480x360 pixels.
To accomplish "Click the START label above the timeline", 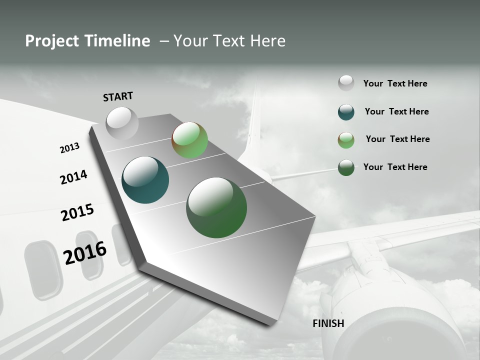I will coord(118,96).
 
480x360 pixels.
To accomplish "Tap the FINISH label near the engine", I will coord(328,323).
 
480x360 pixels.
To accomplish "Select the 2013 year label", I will coord(69,148).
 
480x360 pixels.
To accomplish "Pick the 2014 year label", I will coord(74,177).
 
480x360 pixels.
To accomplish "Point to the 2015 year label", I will coord(77,212).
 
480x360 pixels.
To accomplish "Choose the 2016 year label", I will coord(85,253).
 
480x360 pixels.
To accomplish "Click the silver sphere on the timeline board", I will coord(122,123).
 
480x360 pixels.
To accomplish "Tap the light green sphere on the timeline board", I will coord(189,140).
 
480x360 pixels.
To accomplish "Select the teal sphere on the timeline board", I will coord(145,180).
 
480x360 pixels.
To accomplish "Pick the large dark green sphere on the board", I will coord(216,207).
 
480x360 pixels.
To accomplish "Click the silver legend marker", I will coord(346,83).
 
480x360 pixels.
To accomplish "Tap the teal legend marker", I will coord(346,112).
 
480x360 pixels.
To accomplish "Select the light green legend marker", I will coord(346,140).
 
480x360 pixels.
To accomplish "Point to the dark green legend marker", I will coord(346,167).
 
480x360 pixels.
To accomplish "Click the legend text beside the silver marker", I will coord(395,83).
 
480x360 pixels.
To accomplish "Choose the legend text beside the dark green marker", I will coord(395,167).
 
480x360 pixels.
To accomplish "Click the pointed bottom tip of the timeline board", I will coord(270,324).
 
